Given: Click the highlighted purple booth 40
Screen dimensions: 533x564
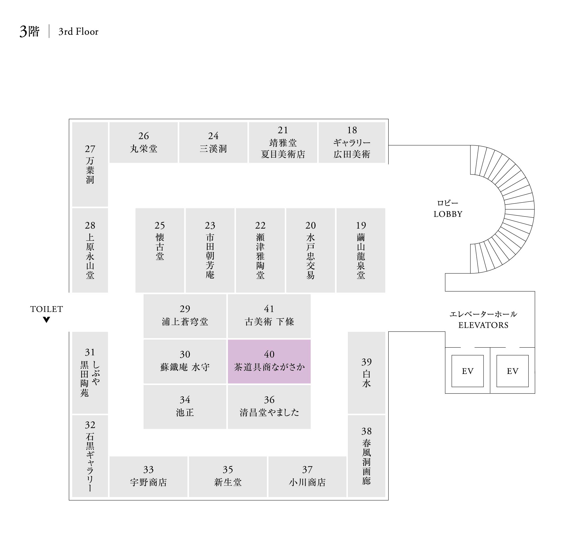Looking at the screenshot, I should coord(269,361).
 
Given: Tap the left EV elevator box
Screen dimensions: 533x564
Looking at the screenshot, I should coord(467,371).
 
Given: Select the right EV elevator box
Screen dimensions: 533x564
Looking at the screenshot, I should coord(512,371).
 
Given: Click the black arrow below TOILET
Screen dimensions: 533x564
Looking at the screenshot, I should coord(47,320).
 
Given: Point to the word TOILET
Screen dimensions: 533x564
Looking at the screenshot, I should coord(47,309).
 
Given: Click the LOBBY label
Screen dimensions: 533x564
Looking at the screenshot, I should coord(448,214).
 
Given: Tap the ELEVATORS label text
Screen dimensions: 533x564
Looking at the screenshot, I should coord(483,325).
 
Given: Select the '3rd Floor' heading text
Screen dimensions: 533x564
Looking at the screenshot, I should coord(78,32).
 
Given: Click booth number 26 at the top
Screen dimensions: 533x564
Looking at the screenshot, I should coord(144,136).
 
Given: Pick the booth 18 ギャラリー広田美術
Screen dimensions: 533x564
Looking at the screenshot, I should coord(352,142).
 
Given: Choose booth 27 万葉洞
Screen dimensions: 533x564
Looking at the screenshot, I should coord(90,164).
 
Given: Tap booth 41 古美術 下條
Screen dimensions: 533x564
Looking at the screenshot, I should coord(269,316).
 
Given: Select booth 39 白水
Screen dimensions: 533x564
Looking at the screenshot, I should coord(366,373).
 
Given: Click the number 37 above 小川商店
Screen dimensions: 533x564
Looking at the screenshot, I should coord(307,470).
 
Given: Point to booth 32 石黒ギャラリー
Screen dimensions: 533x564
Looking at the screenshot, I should coord(90,456).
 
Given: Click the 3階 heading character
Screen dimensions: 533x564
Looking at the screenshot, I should coord(30,32).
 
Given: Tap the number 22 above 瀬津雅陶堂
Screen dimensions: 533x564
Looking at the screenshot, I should coord(260,225).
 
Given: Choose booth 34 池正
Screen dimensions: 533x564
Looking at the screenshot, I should coord(185,407).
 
